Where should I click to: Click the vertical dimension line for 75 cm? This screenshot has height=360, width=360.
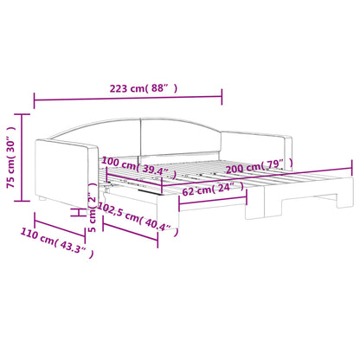point(24,157)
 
